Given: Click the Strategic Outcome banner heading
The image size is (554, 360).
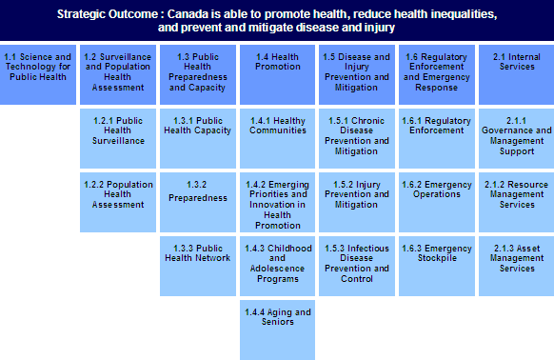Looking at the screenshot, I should pyautogui.click(x=276, y=22).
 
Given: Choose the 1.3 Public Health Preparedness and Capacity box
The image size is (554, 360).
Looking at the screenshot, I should pyautogui.click(x=198, y=74).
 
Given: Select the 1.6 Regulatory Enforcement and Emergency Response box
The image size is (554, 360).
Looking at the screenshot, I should pyautogui.click(x=437, y=74).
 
